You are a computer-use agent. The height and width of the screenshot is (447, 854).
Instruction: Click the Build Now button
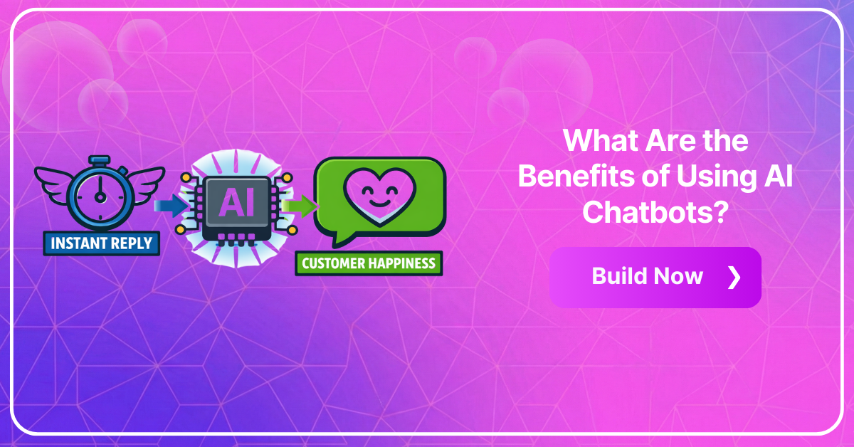655,277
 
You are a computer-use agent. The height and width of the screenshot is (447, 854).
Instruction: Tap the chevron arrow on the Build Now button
734,277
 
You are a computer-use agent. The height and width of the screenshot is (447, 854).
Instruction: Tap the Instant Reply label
101,243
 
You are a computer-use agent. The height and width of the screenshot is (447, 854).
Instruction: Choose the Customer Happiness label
368,263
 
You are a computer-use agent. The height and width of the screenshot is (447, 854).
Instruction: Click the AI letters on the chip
238,204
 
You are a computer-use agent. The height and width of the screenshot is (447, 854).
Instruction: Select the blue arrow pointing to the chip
169,206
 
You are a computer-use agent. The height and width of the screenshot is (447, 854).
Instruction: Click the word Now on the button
680,277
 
